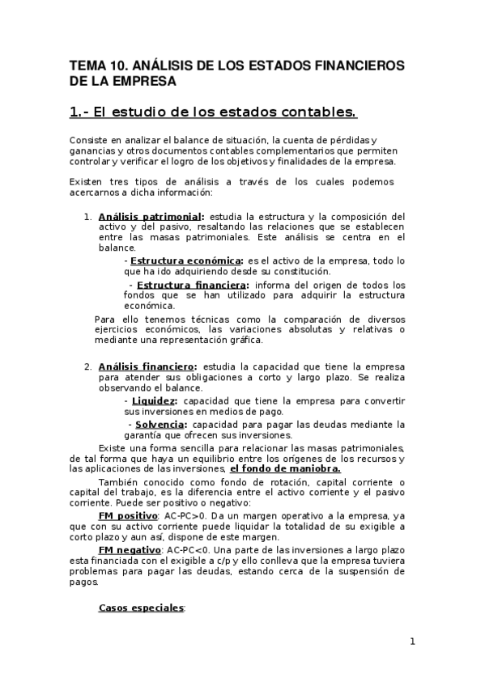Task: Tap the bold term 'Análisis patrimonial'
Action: [150, 217]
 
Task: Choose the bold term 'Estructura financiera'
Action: [192, 285]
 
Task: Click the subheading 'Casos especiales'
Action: [141, 607]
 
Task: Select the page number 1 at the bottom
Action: [412, 642]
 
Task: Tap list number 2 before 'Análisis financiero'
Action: [87, 366]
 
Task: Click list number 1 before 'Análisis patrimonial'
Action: [87, 217]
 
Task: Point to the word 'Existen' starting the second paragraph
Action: [87, 182]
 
